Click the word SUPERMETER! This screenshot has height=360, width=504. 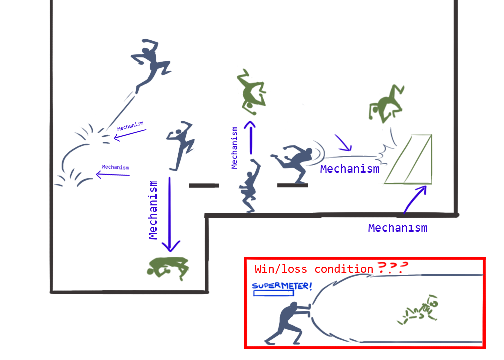pos(282,286)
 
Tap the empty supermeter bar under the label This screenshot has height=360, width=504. pos(274,293)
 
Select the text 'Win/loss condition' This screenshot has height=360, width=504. pos(314,269)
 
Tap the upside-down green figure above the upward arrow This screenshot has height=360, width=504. pos(251,91)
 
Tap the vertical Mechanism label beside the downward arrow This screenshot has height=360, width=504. pos(154,210)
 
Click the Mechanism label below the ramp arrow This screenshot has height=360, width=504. pos(398,228)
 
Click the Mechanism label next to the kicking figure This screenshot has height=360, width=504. pos(349,169)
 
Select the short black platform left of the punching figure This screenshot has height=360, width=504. pos(204,185)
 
